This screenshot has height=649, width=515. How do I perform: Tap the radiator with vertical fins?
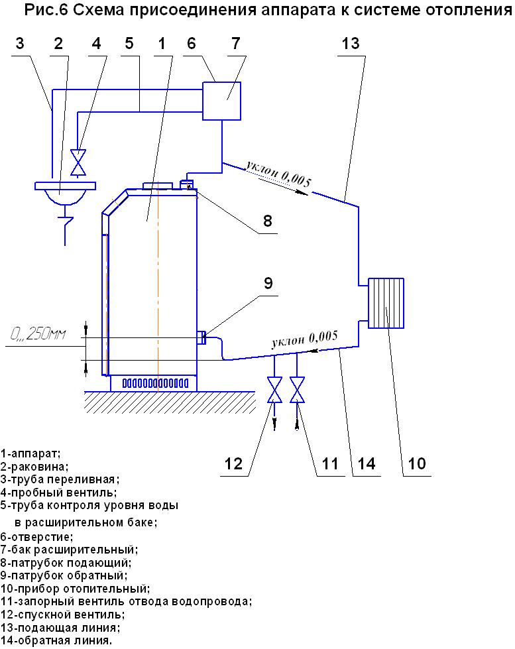click(x=386, y=303)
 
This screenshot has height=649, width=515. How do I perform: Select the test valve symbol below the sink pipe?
click(x=78, y=162)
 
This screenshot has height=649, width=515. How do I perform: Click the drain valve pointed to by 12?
click(x=274, y=390)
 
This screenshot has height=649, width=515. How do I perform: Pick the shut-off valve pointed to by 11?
click(x=297, y=390)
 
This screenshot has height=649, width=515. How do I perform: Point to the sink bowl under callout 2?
click(x=65, y=197)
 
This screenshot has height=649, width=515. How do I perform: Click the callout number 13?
click(x=351, y=43)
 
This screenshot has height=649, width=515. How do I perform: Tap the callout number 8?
click(x=268, y=221)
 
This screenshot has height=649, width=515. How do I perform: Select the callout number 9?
click(x=268, y=283)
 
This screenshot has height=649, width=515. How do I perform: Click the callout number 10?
click(x=416, y=463)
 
